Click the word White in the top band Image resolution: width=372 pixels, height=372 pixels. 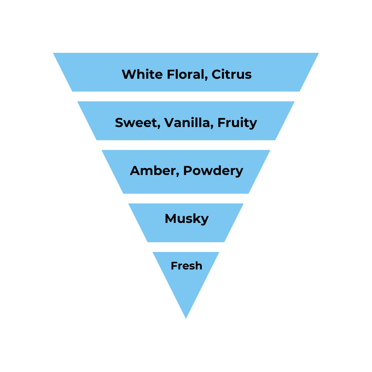click(x=138, y=74)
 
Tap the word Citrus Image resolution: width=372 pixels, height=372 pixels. click(x=232, y=74)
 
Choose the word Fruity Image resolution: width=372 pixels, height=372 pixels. click(x=237, y=122)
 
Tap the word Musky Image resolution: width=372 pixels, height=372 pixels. click(x=187, y=219)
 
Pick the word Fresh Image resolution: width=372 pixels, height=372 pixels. click(x=186, y=266)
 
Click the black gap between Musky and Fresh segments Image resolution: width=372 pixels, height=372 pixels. click(x=186, y=247)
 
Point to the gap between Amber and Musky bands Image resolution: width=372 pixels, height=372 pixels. click(x=186, y=198)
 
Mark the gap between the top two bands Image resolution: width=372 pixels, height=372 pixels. click(x=186, y=96)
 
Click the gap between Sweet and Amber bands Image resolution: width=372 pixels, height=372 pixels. click(x=186, y=145)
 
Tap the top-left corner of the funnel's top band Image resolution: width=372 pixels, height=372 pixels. click(x=54, y=53)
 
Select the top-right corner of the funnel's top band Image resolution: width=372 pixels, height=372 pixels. click(x=318, y=53)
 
